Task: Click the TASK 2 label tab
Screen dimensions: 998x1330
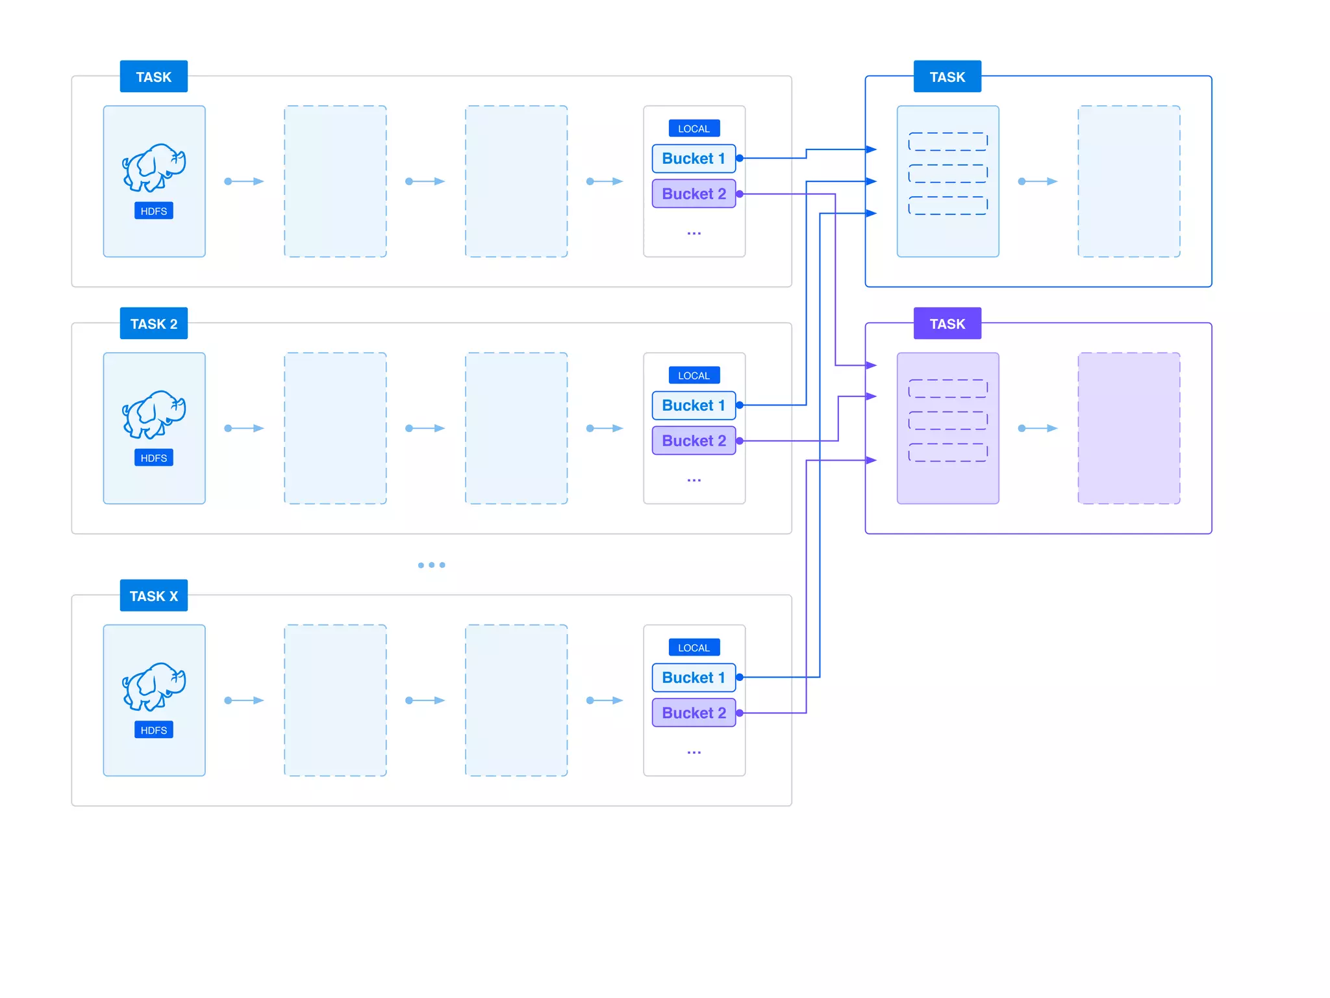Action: pos(153,324)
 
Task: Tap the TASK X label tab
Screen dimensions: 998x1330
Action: pos(153,596)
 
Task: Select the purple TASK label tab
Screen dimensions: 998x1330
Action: pos(947,324)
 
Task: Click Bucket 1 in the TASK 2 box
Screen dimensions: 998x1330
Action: pos(694,405)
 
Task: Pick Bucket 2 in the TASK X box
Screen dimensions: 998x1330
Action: pos(694,713)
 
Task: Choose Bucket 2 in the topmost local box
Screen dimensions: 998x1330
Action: pos(694,194)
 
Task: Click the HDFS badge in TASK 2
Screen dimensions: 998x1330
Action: pos(153,458)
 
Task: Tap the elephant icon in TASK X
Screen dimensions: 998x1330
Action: pos(154,687)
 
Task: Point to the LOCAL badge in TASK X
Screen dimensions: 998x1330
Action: pos(694,648)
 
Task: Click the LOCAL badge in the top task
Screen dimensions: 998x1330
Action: pos(694,129)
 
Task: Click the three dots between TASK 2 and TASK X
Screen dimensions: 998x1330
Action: pos(431,565)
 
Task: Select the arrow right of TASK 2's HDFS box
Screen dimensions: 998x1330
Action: pos(244,428)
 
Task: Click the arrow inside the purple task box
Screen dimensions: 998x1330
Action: pos(1038,428)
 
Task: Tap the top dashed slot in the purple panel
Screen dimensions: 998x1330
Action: pos(947,389)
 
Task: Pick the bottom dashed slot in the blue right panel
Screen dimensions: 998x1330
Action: pos(947,206)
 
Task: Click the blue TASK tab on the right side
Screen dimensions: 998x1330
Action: pos(947,77)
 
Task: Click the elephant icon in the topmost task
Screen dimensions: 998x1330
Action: pos(154,168)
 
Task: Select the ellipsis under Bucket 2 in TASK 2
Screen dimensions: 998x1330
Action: pos(694,480)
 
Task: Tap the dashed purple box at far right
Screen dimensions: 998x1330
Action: pos(1129,428)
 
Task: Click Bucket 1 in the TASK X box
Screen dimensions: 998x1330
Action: pos(694,678)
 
